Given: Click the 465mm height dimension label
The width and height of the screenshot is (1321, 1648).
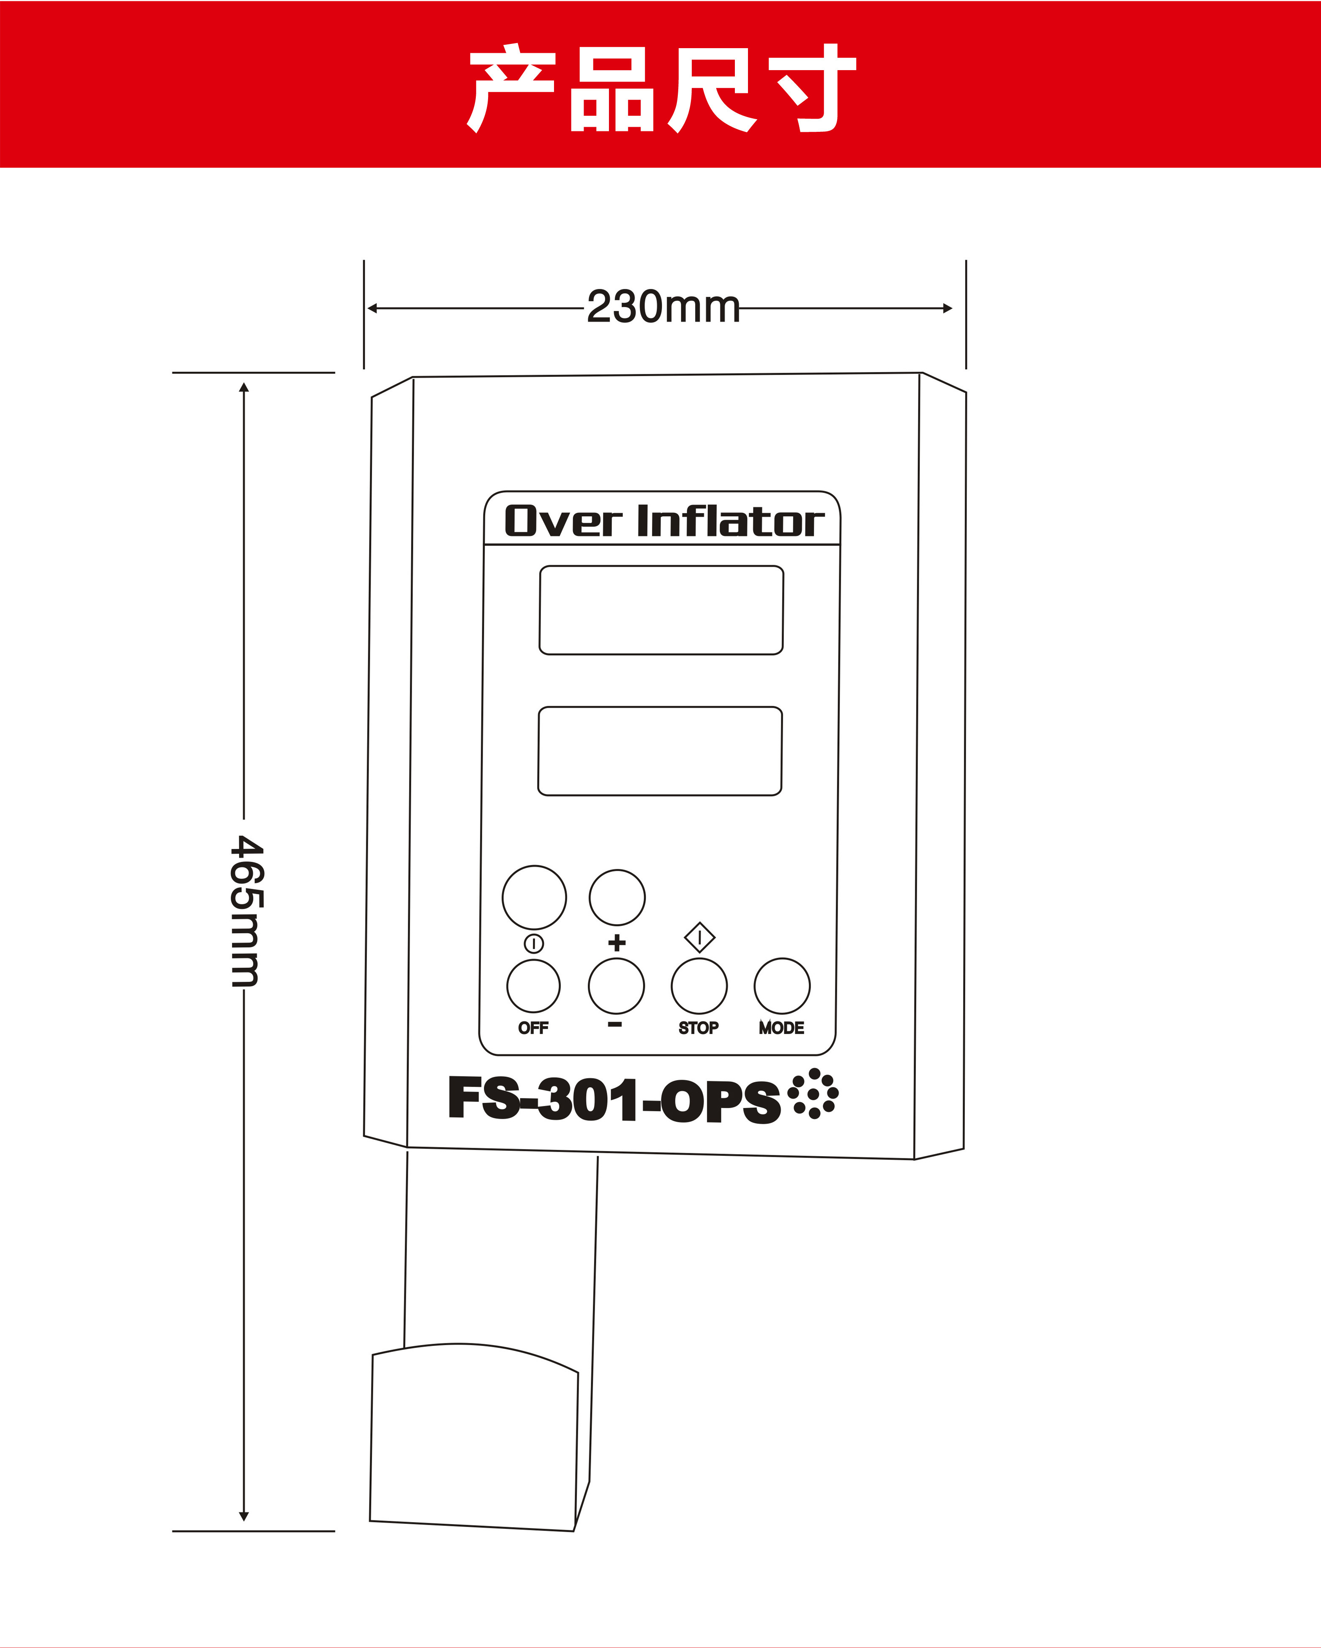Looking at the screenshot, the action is click(x=246, y=910).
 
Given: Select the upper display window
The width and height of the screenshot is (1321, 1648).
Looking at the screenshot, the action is click(x=661, y=610).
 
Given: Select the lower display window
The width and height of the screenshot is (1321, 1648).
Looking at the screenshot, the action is click(x=660, y=752).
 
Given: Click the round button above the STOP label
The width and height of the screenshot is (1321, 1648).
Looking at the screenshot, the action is click(x=699, y=986).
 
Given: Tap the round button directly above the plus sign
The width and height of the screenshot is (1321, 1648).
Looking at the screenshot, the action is click(x=617, y=897).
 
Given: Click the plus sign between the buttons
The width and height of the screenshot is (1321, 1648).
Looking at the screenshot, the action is click(x=617, y=942).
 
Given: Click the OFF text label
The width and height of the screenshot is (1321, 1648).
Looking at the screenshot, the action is click(x=533, y=1028).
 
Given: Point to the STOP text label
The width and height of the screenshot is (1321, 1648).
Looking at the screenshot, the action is click(x=699, y=1028).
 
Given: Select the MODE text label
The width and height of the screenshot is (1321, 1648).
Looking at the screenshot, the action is click(x=781, y=1028).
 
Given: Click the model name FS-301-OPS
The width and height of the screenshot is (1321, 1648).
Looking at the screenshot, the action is click(x=614, y=1099).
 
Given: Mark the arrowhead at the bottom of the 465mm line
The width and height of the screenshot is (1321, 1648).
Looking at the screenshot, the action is click(x=244, y=1517).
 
